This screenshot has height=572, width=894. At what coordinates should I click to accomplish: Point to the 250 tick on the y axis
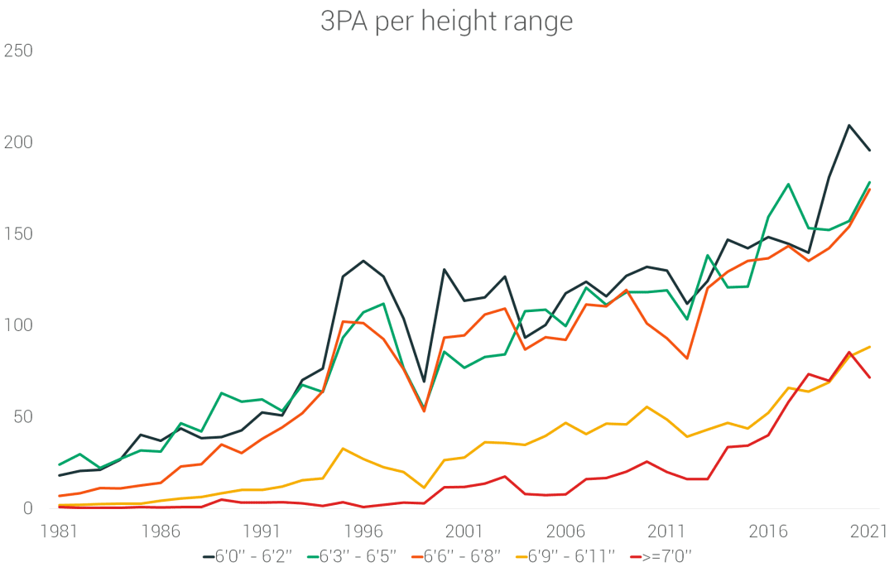(17, 51)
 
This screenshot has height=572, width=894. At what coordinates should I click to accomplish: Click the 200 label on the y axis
(17, 142)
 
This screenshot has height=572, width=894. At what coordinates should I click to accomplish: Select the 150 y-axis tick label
(17, 234)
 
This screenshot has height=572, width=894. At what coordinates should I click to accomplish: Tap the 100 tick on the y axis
(17, 325)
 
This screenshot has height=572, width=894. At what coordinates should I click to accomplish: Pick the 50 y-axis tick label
(22, 416)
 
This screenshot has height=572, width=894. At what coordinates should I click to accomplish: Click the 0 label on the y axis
(26, 508)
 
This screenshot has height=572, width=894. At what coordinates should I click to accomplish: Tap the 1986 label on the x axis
(160, 531)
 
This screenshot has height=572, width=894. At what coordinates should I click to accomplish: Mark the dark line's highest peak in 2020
(849, 126)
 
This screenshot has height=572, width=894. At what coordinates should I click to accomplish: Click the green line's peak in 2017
(789, 184)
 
